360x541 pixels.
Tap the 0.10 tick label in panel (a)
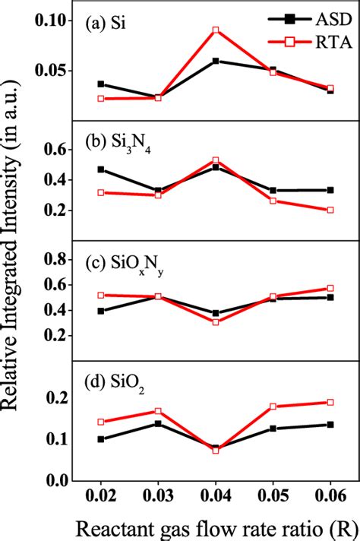tap(51, 21)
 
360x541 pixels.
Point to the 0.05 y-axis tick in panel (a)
tap(51, 71)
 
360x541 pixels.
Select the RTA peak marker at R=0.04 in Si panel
tap(216, 30)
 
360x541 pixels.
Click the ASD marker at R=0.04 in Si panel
tap(216, 61)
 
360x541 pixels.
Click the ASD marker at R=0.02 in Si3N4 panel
tap(101, 169)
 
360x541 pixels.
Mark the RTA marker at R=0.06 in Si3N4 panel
tap(330, 210)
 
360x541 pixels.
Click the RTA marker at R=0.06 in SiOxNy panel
tap(330, 288)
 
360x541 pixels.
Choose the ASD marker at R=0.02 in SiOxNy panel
tap(101, 311)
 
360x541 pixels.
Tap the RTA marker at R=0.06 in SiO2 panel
tap(330, 402)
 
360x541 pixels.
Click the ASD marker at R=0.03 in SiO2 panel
tap(158, 423)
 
